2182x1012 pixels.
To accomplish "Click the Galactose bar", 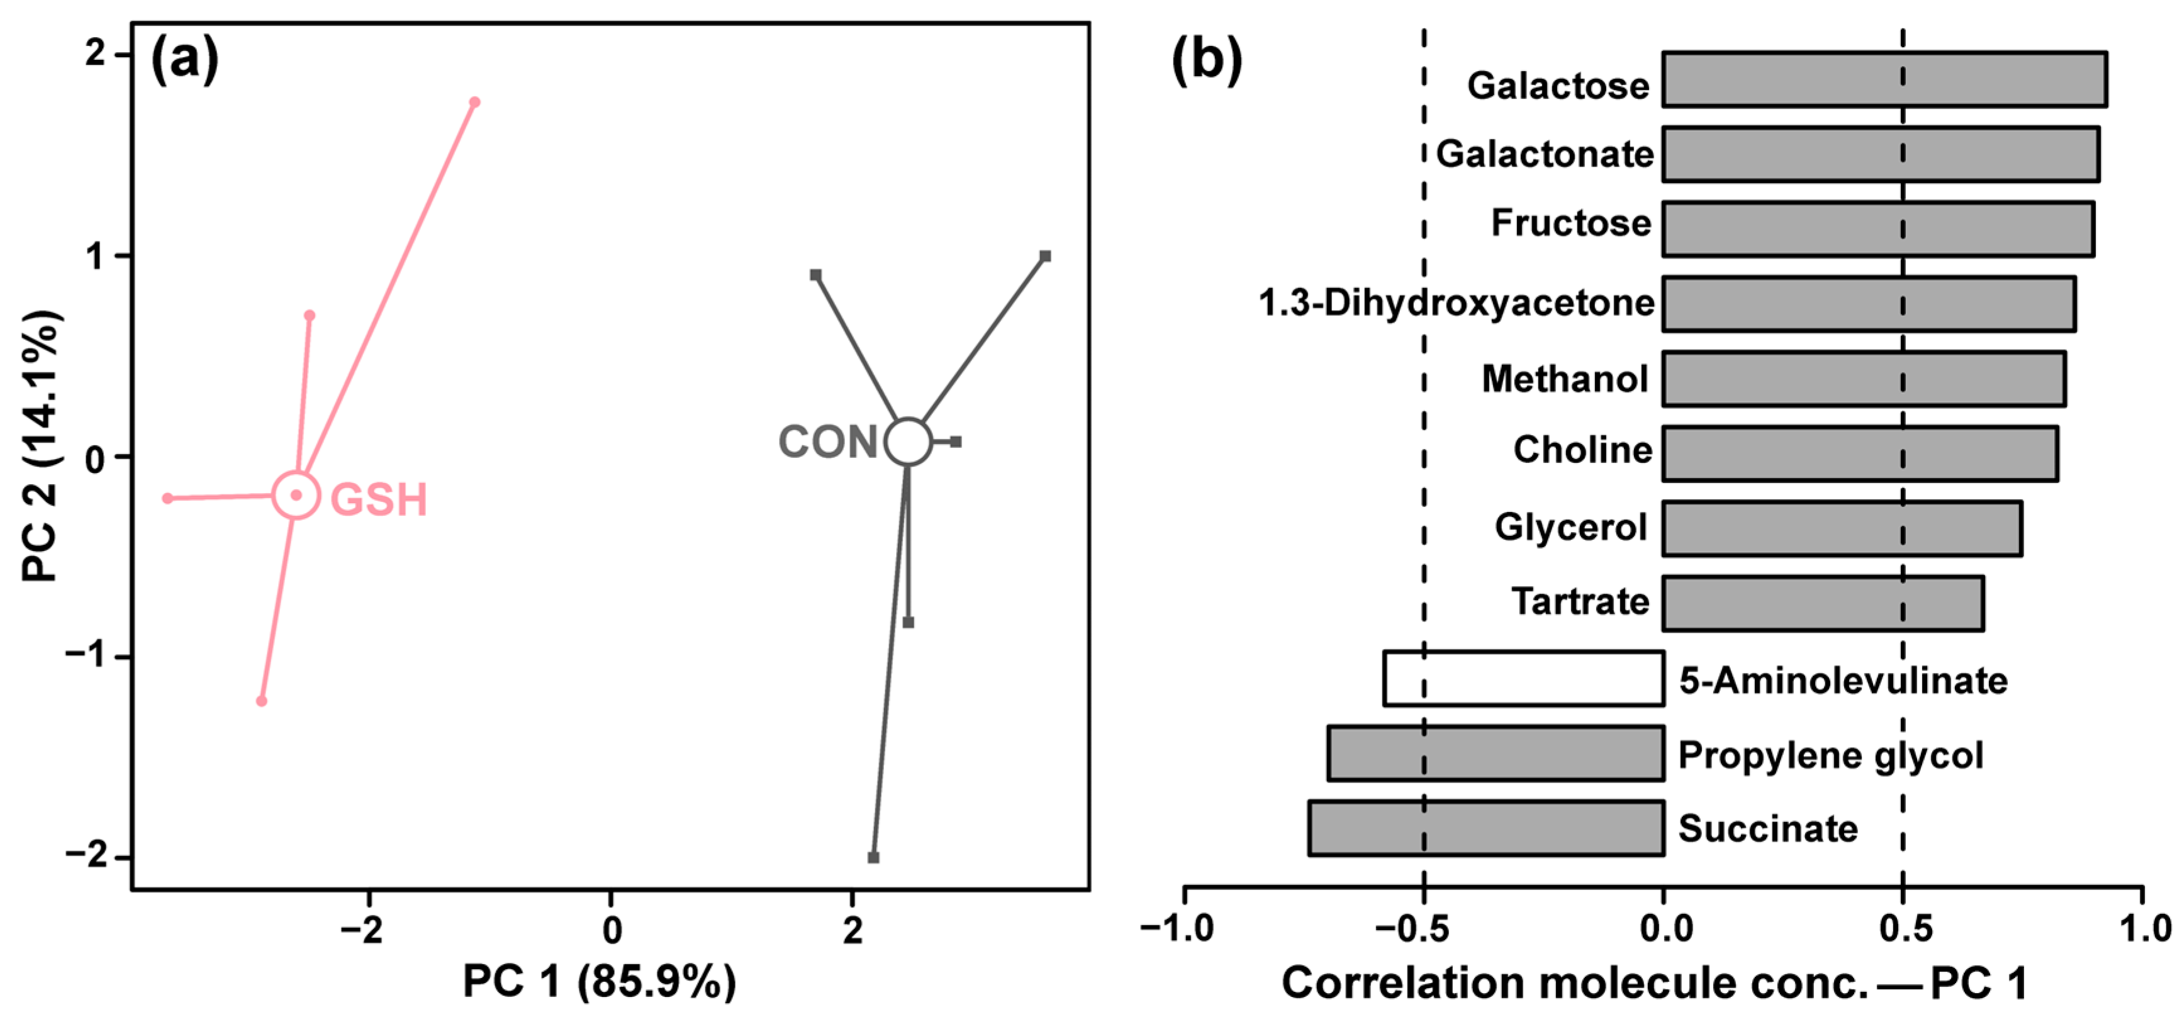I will click(1884, 80).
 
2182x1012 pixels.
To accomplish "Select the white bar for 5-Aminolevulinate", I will click(1524, 679).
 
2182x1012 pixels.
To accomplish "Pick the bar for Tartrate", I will click(1822, 603).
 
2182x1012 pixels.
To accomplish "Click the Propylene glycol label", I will click(1830, 755).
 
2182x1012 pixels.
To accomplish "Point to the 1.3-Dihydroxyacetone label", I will click(1455, 303).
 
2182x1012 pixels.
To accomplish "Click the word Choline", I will click(1581, 450).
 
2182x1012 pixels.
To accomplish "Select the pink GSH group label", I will click(378, 499).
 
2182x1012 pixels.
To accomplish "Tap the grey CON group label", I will click(827, 442).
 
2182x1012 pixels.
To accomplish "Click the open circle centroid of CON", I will click(908, 441).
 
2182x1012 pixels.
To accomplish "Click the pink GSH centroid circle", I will click(296, 494).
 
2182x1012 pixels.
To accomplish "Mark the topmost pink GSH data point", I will click(474, 103).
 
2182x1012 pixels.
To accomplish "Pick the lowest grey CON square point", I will click(873, 857).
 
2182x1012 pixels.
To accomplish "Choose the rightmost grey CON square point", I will click(1045, 256).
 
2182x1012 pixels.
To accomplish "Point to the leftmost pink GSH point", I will click(168, 498).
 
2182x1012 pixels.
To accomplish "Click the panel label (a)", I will click(184, 59).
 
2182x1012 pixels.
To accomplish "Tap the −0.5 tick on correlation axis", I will click(1423, 928).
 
